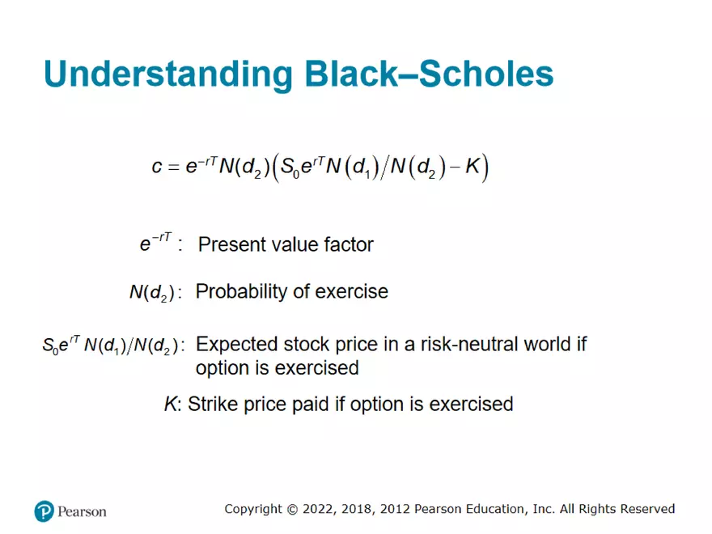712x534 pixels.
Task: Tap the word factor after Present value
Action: (x=346, y=244)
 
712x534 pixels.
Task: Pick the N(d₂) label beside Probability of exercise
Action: (x=151, y=293)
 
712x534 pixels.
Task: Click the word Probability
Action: (x=240, y=292)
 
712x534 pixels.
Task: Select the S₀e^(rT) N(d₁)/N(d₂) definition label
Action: (x=109, y=345)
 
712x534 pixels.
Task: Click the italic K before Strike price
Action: (x=170, y=404)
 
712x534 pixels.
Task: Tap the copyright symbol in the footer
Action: (x=292, y=509)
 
